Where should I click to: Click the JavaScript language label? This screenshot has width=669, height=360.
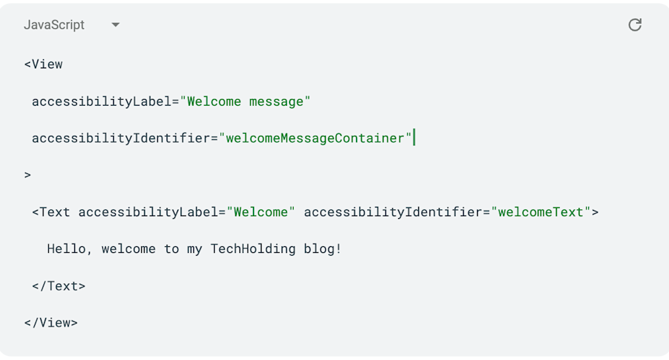click(x=54, y=25)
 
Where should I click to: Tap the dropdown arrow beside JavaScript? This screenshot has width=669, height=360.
click(x=115, y=25)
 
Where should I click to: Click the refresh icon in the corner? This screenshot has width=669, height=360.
click(x=635, y=25)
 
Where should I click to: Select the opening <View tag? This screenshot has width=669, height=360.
click(x=43, y=64)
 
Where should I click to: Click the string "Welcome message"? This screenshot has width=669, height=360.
click(x=246, y=102)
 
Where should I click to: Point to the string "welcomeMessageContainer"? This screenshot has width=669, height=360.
click(x=316, y=139)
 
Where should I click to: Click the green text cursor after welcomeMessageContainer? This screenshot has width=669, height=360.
click(x=415, y=138)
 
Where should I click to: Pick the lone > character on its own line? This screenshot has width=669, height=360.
click(x=28, y=175)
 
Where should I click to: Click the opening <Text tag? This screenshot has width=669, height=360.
click(x=51, y=212)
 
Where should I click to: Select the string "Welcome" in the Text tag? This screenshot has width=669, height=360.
click(x=261, y=212)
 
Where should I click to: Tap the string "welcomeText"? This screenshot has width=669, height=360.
click(x=541, y=212)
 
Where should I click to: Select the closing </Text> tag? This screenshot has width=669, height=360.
click(x=59, y=286)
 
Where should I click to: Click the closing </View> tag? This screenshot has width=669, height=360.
click(x=51, y=323)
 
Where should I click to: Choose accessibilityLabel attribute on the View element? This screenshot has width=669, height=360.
click(x=102, y=102)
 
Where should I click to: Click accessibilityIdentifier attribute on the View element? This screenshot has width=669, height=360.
click(x=121, y=139)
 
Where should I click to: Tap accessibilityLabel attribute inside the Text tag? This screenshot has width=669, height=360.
click(x=149, y=212)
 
